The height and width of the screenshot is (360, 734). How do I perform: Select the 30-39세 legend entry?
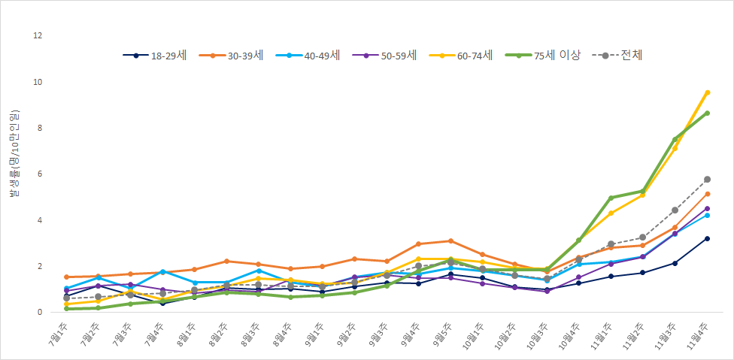232,55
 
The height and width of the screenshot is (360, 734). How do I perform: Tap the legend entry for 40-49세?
309,55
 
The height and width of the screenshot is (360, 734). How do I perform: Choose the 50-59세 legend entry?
386,55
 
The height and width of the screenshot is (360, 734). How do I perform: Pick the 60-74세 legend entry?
463,55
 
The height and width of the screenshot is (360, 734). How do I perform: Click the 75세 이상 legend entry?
546,55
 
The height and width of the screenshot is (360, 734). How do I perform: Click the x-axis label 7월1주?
56,334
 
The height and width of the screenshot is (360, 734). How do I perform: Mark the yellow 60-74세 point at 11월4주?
707,92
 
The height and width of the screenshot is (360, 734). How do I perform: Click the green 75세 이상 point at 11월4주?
707,113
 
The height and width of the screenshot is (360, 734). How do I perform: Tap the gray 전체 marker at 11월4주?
707,180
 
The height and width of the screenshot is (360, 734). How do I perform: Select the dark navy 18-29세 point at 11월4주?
707,238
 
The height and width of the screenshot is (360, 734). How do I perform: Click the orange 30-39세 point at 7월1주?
67,277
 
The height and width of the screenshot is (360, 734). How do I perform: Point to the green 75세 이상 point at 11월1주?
611,198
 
